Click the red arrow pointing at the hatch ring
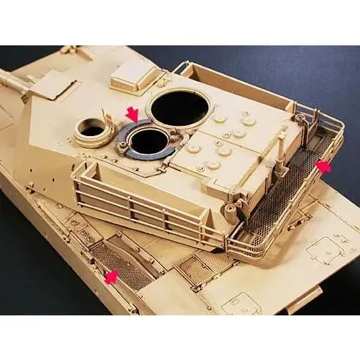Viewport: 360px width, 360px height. (131, 114)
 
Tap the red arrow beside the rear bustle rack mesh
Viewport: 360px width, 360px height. (322, 168)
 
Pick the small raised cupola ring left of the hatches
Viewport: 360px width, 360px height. (92, 130)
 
